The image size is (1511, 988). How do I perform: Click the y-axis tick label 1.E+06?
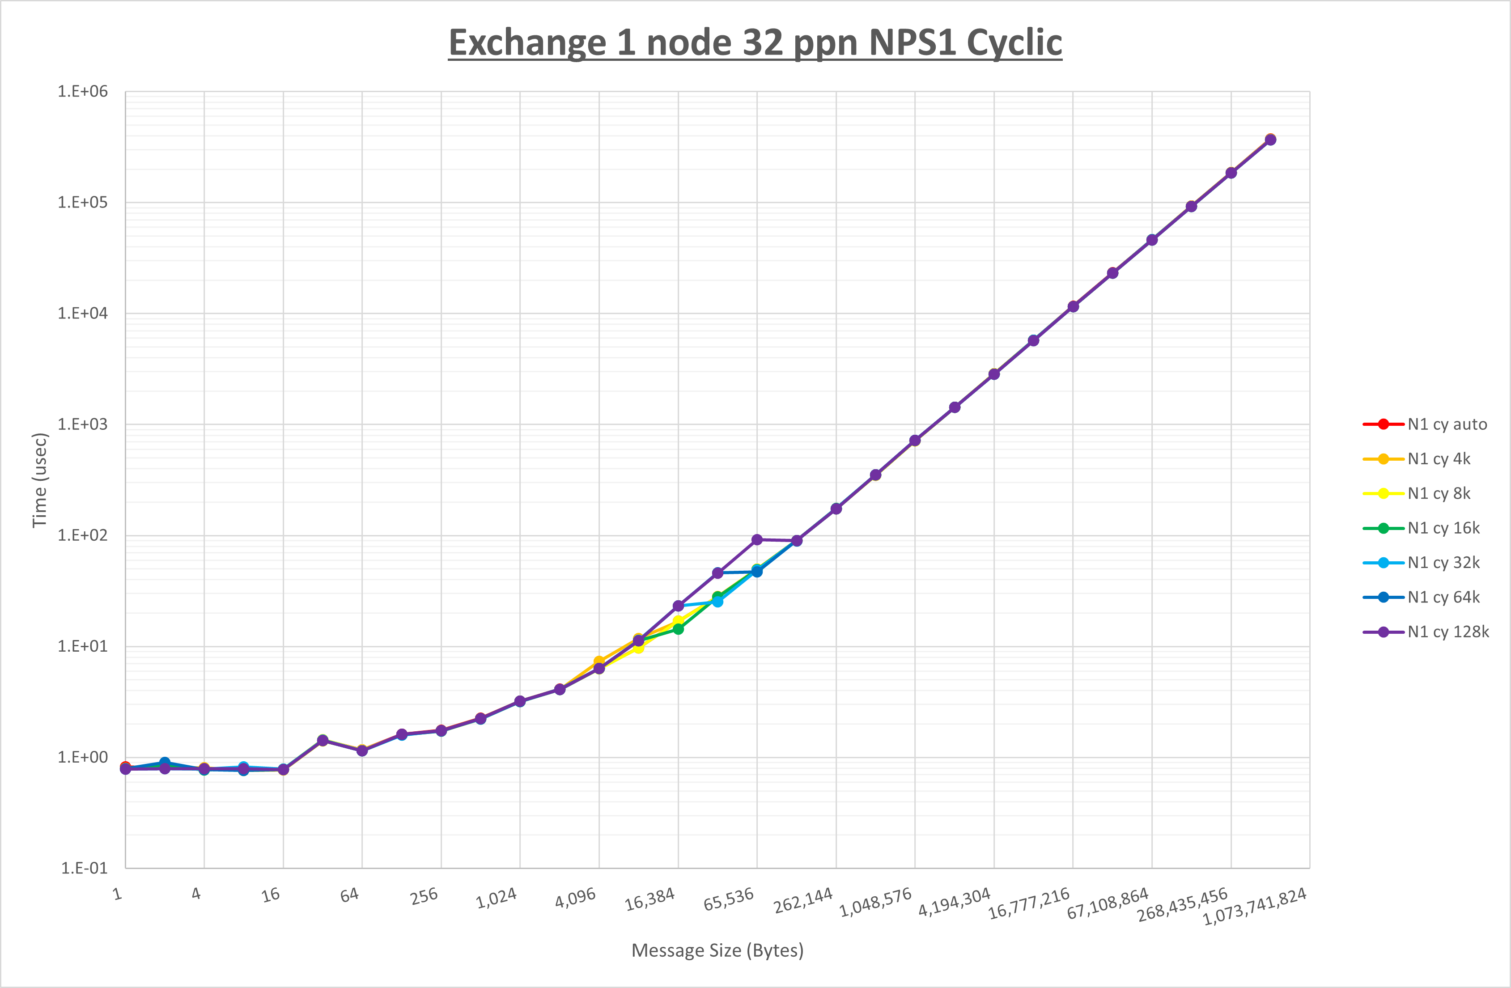coord(83,91)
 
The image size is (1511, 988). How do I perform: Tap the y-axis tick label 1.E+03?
coord(83,424)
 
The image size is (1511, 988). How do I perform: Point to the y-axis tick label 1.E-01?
coord(84,868)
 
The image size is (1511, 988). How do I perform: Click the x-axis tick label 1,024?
coord(497,898)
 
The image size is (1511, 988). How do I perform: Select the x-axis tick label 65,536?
coord(729,899)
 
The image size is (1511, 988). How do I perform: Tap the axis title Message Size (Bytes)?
coord(717,950)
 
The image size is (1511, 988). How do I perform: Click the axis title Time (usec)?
coord(39,480)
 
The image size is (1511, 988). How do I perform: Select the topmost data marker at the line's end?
coord(1270,140)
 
